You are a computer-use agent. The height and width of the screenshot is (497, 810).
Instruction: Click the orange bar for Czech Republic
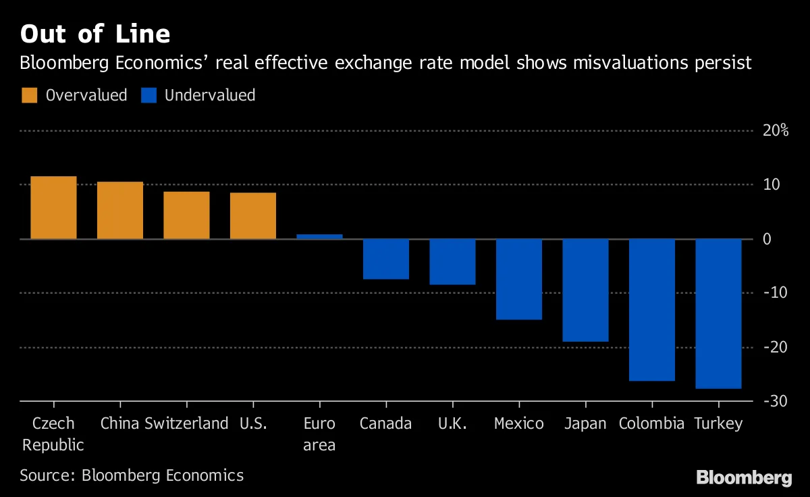(x=53, y=207)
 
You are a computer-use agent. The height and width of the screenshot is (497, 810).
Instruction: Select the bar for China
(x=120, y=210)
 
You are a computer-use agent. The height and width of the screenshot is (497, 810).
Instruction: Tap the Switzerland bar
(x=186, y=215)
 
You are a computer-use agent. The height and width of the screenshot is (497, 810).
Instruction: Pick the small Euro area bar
(x=319, y=236)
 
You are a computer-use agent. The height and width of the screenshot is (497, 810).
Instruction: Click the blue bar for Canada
(x=385, y=259)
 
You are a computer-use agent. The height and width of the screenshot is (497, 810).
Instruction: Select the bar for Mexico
(x=518, y=279)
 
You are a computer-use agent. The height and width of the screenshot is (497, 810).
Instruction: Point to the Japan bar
(x=585, y=290)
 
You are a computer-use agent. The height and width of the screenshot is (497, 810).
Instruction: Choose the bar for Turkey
(x=718, y=313)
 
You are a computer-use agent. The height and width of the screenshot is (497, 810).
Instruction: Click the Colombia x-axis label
(x=651, y=424)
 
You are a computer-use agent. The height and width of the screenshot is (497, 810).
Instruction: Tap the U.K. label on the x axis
(x=452, y=424)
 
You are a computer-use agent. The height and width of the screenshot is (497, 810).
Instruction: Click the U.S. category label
(x=253, y=424)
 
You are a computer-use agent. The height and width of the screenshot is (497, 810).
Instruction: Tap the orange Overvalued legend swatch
(x=30, y=95)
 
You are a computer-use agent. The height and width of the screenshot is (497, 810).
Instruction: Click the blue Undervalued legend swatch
(x=148, y=95)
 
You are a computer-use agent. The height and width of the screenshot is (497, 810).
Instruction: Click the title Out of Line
(x=94, y=34)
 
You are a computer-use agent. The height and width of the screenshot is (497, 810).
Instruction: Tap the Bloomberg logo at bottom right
(x=744, y=477)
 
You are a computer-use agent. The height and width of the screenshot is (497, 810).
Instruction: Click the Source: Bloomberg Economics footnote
(x=132, y=475)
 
